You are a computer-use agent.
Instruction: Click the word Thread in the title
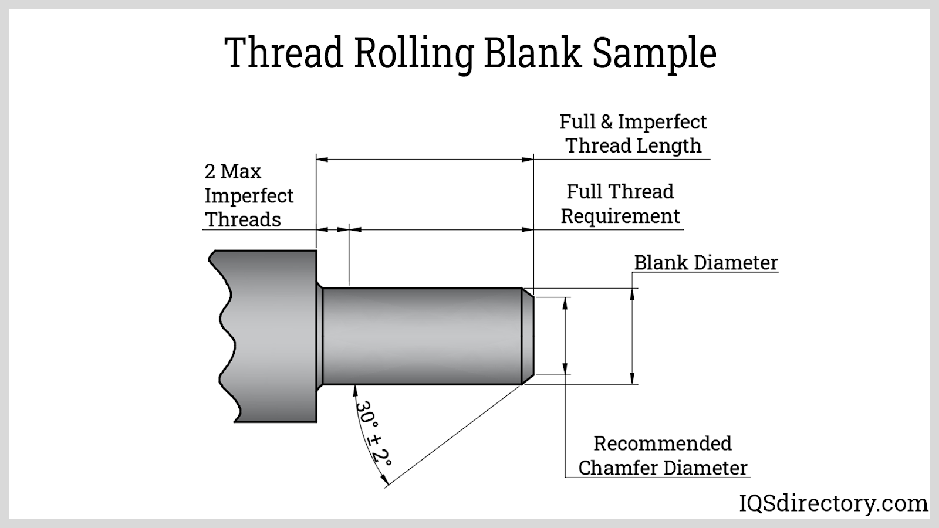click(x=284, y=53)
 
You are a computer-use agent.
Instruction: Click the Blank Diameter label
click(x=705, y=262)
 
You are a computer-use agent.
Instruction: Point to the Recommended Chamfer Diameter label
click(x=663, y=455)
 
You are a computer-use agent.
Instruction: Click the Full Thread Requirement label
click(x=620, y=204)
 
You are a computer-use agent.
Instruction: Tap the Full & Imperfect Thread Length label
click(x=633, y=133)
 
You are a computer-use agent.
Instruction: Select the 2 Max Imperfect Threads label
click(x=248, y=195)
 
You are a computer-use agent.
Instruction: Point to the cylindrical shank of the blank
click(x=423, y=336)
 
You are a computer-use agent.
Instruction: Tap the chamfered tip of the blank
click(x=528, y=336)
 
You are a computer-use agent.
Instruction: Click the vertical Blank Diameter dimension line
click(x=632, y=336)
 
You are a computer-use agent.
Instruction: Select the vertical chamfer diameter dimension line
click(x=565, y=336)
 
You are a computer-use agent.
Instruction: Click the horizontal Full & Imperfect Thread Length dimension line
click(x=425, y=159)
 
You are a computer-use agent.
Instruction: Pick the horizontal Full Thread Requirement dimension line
click(x=440, y=230)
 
